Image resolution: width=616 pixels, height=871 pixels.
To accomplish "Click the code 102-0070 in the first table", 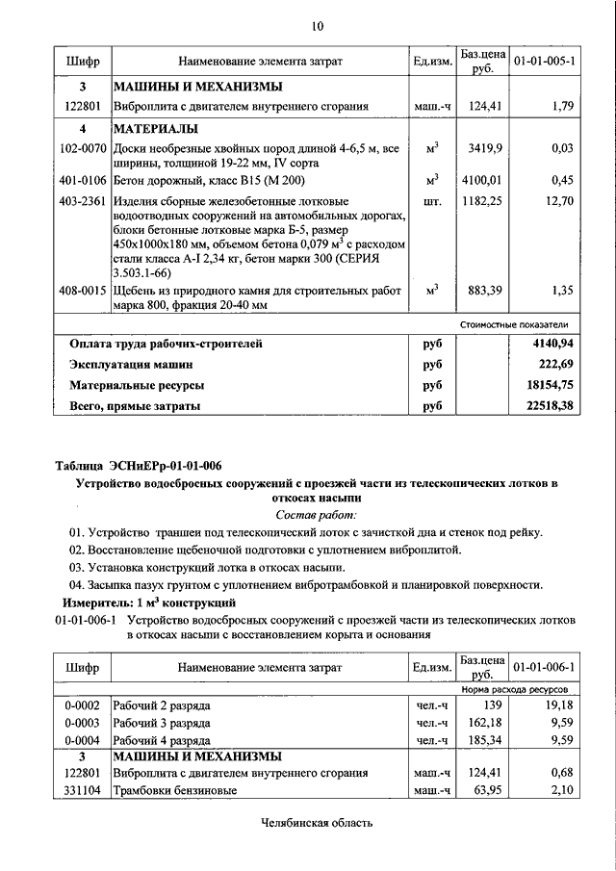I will (x=83, y=148).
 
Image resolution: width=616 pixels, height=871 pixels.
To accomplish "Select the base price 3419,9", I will (x=478, y=148).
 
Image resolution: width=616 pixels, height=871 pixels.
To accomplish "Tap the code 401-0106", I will (x=83, y=179).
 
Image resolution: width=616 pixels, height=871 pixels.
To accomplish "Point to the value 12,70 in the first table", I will (x=558, y=201).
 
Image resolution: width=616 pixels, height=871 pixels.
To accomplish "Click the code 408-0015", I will (x=83, y=289).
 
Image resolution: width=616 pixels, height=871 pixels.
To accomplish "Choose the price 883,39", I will (x=478, y=289).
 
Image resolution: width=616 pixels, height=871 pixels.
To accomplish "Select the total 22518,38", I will (x=545, y=407).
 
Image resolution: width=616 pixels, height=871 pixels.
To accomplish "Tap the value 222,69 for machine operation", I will (x=552, y=364).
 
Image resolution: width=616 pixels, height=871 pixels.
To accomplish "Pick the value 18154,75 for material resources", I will (x=545, y=385).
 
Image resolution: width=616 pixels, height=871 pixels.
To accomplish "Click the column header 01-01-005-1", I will (x=545, y=62).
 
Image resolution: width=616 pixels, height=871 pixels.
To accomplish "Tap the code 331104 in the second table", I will (x=83, y=790).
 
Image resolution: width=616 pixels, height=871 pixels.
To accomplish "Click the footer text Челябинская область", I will (x=316, y=823).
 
